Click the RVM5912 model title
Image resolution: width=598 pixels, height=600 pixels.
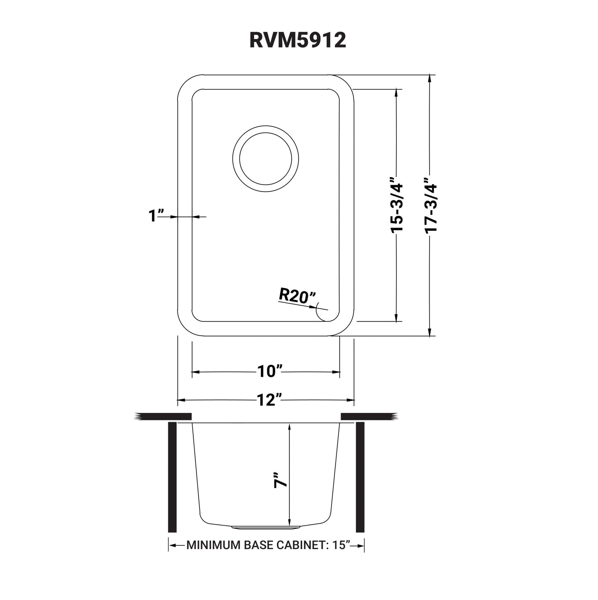[298, 41]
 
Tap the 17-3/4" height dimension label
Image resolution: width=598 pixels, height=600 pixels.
[431, 206]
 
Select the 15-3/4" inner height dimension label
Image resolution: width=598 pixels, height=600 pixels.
[397, 206]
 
